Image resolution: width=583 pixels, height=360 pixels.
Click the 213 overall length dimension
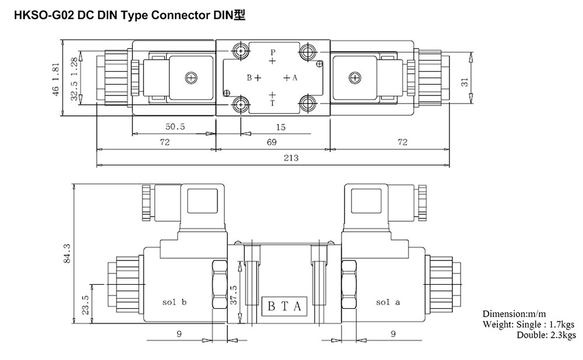click(291, 158)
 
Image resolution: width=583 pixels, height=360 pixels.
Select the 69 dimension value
click(272, 142)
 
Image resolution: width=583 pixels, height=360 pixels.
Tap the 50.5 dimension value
click(175, 126)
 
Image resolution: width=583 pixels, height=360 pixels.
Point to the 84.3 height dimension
click(67, 253)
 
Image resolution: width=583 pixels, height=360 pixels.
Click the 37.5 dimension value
click(234, 295)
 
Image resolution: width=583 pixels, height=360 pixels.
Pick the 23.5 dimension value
click(86, 305)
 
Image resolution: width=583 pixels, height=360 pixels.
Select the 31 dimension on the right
click(465, 82)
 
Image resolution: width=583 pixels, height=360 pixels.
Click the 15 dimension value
click(281, 128)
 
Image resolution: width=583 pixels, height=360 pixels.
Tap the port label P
click(272, 52)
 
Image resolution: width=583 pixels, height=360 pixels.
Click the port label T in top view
click(272, 103)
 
